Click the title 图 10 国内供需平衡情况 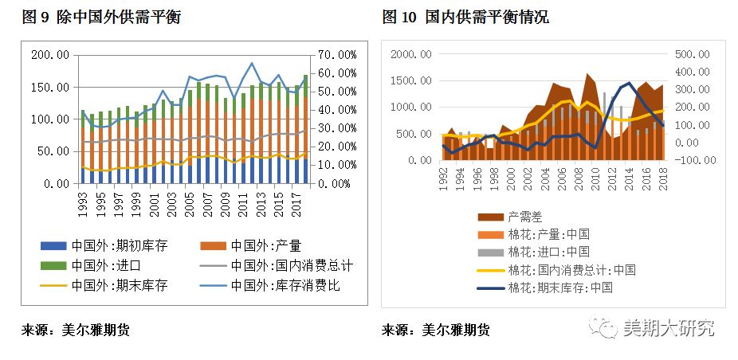tap(465, 17)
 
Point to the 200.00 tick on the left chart tap(50, 55)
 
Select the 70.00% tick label tap(335, 55)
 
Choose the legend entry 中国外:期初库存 tap(120, 245)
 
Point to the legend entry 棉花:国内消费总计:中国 tap(571, 269)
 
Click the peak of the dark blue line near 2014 tap(630, 83)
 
